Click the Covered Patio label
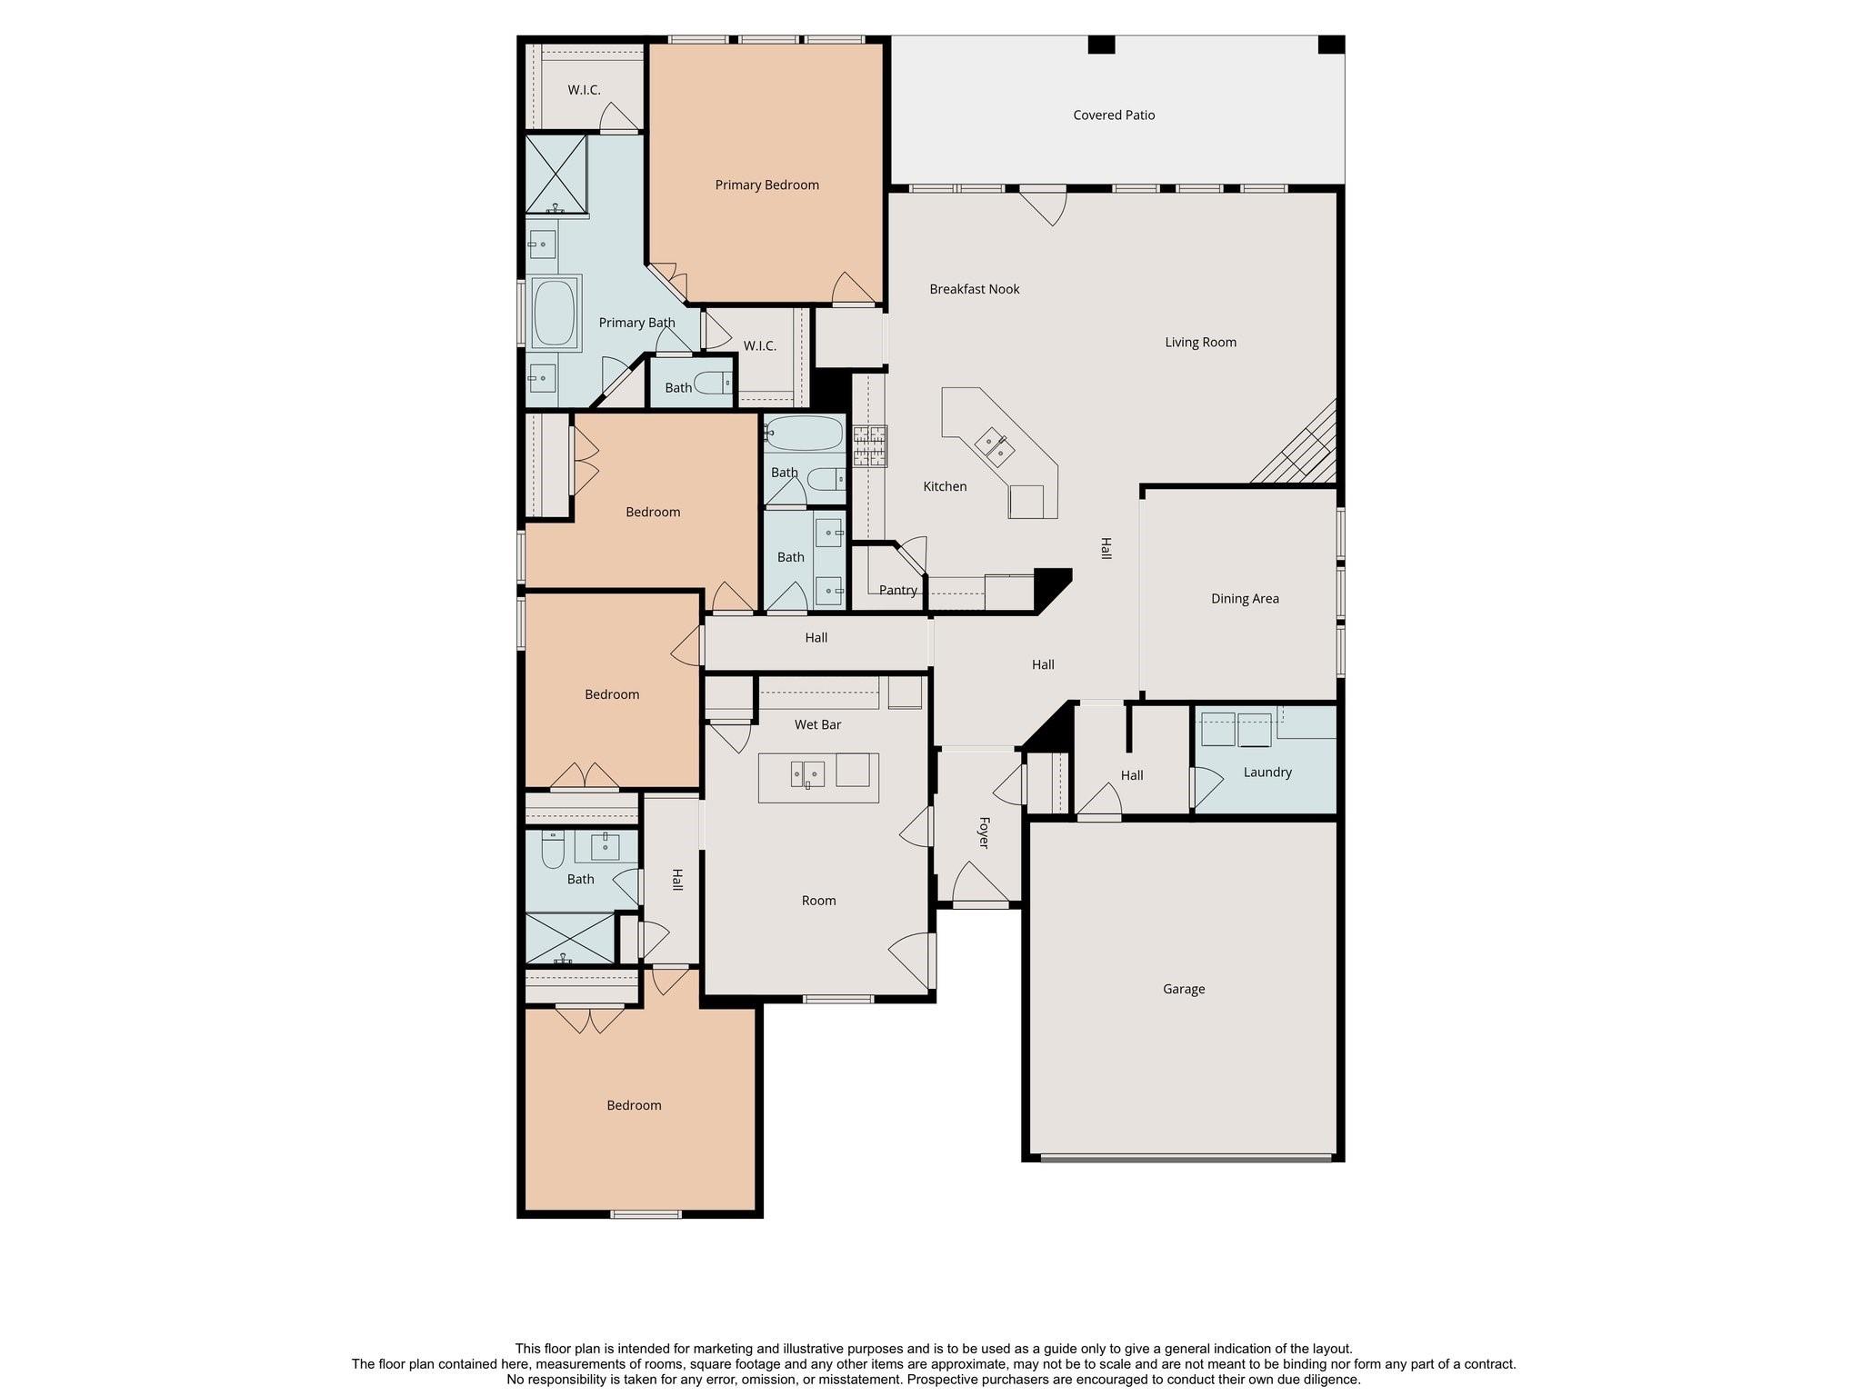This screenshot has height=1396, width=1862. (1114, 115)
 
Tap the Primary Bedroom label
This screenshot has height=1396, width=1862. (766, 185)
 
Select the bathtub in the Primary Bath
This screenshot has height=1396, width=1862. (555, 313)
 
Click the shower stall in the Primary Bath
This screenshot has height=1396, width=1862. (556, 174)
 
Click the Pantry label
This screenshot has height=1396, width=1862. (897, 591)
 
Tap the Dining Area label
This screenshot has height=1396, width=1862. (1245, 599)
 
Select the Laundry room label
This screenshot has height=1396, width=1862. (1266, 773)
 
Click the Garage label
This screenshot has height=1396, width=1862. (1183, 989)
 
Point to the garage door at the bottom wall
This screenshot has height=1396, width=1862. (1185, 1158)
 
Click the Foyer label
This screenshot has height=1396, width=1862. (984, 833)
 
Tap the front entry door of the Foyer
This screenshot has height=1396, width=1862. (979, 903)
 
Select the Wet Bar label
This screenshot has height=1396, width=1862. (817, 725)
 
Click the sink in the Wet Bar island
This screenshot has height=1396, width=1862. (807, 774)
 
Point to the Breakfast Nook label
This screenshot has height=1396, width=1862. (974, 290)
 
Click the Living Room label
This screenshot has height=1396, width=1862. (1200, 343)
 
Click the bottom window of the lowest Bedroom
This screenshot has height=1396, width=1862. (646, 1214)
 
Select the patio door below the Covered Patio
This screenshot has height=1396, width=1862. (1043, 190)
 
